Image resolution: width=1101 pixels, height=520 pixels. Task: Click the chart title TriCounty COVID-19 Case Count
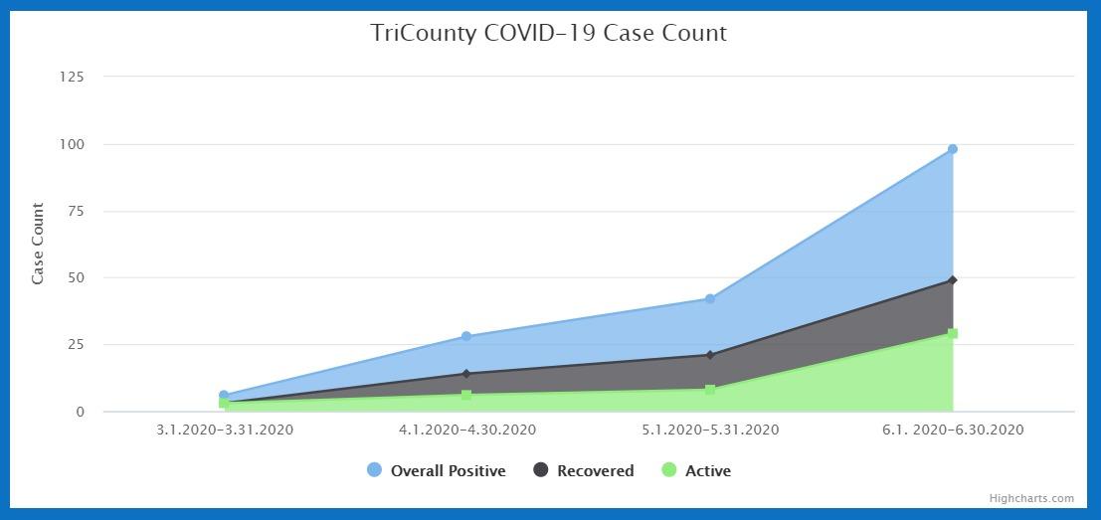[549, 33]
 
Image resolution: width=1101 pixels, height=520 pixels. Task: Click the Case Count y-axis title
[38, 244]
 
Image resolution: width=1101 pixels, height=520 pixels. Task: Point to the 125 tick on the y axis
[72, 78]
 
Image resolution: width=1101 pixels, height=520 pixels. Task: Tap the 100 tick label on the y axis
[72, 144]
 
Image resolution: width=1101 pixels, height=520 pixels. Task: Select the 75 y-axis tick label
[76, 211]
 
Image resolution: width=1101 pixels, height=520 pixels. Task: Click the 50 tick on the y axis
[76, 277]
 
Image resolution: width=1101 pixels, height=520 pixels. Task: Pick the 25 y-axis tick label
[76, 345]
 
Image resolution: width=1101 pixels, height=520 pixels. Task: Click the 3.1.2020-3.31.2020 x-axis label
[225, 431]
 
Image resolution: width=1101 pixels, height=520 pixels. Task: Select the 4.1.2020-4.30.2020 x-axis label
[467, 431]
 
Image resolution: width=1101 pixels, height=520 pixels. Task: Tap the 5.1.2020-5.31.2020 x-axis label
[710, 431]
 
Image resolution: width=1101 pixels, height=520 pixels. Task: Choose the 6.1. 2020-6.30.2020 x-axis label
[953, 431]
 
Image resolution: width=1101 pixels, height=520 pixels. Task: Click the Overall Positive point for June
[953, 149]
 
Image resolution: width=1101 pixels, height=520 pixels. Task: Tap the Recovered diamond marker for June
[953, 280]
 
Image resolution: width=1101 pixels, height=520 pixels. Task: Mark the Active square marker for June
[953, 334]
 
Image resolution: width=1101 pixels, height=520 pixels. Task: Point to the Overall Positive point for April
[466, 336]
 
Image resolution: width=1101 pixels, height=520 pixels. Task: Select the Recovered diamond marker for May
[710, 355]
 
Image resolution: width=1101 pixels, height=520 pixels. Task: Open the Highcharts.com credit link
[1031, 499]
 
